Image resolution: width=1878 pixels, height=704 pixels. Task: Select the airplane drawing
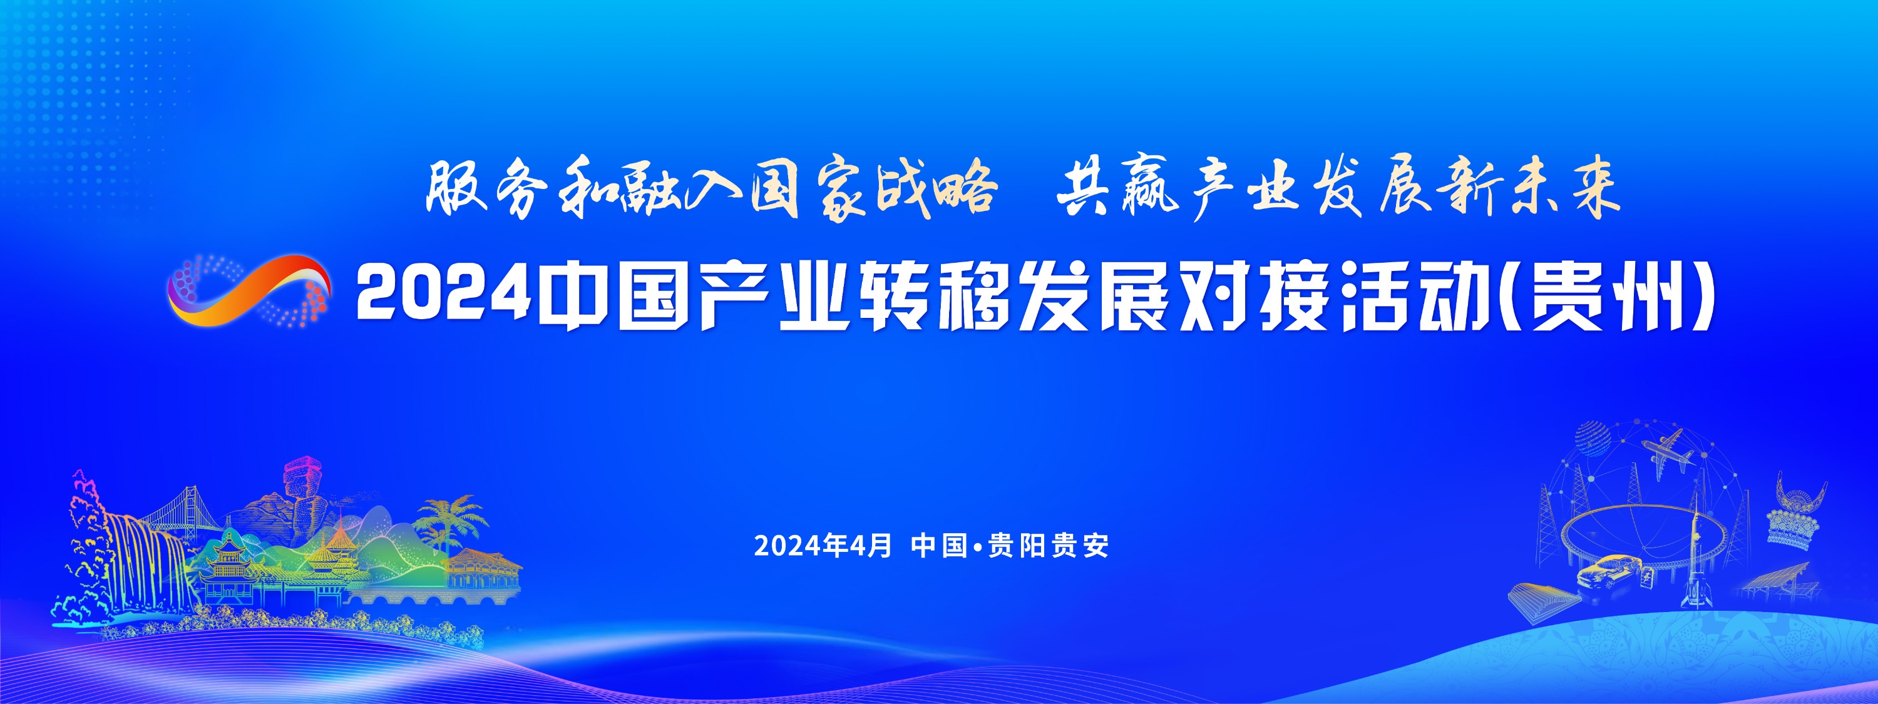tap(1666, 452)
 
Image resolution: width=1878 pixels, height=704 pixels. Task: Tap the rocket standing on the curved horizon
tap(1699, 561)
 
